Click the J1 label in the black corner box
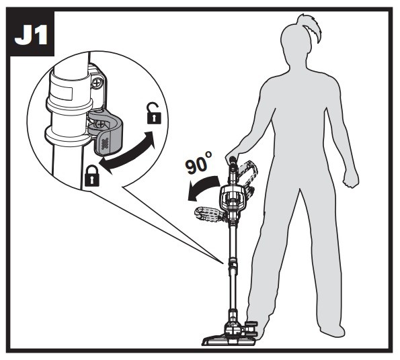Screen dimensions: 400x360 pos(31,35)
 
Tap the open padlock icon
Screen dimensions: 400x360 pos(154,114)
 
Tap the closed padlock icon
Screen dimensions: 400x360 pos(91,175)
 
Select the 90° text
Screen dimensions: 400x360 pos(198,163)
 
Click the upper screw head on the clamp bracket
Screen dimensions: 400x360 pos(97,83)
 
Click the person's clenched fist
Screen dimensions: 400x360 pos(351,179)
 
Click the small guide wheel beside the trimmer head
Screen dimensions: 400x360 pos(251,328)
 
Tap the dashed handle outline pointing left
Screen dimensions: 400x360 pos(208,214)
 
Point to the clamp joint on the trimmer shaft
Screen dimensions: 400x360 pos(233,265)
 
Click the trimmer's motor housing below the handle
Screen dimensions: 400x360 pos(230,197)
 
